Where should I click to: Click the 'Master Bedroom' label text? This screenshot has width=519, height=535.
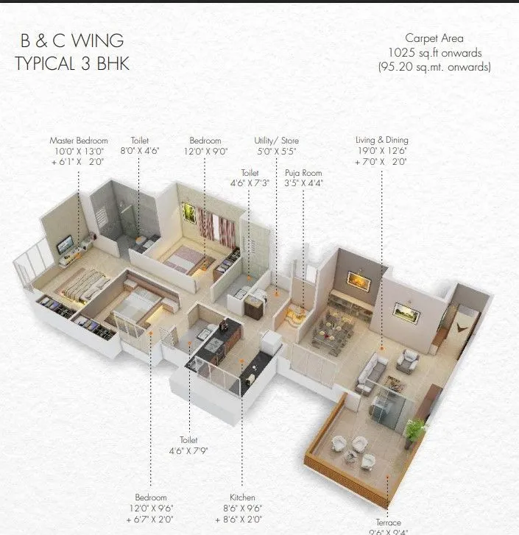(x=79, y=141)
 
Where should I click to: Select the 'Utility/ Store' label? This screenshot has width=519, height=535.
(x=277, y=141)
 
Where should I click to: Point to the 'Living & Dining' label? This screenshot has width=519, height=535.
(x=381, y=140)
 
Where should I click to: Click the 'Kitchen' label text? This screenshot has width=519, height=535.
(x=242, y=497)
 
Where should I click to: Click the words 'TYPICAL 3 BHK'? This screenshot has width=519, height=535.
(x=72, y=63)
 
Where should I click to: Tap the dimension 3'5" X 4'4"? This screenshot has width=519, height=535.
(x=304, y=183)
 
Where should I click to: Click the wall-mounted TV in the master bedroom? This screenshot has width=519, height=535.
(x=65, y=243)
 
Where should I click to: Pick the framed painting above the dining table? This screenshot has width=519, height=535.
(x=359, y=280)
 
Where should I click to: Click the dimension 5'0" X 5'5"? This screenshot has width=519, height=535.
(x=277, y=151)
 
